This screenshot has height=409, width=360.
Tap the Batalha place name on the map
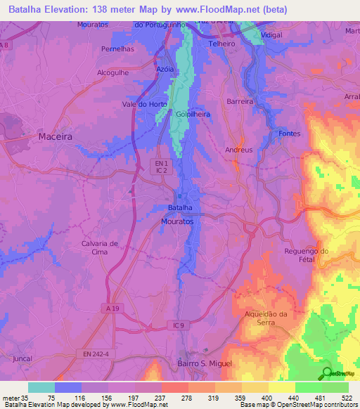click(x=179, y=209)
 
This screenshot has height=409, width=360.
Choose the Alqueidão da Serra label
click(x=266, y=318)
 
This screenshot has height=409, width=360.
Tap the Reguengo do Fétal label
click(x=306, y=255)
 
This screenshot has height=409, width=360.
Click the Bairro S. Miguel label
click(x=201, y=363)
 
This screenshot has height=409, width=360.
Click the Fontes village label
click(x=289, y=134)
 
